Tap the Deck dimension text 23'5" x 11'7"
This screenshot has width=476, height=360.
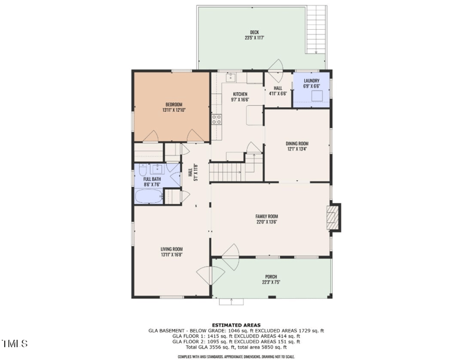[254, 38]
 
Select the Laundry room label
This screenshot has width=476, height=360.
[312, 80]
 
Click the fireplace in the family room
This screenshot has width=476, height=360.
[334, 218]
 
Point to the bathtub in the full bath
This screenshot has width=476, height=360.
[148, 196]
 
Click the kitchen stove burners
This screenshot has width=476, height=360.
[217, 118]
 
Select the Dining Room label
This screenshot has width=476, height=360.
[297, 143]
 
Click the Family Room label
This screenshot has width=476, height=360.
[267, 217]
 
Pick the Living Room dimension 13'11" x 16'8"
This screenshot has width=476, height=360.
[171, 255]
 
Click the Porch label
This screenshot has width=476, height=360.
[271, 277]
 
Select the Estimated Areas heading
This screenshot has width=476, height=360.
[238, 325]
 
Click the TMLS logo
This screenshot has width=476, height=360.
[14, 343]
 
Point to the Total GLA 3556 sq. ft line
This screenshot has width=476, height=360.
[237, 347]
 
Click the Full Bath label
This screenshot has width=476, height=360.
[152, 179]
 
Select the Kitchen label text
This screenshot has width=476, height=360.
[240, 94]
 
